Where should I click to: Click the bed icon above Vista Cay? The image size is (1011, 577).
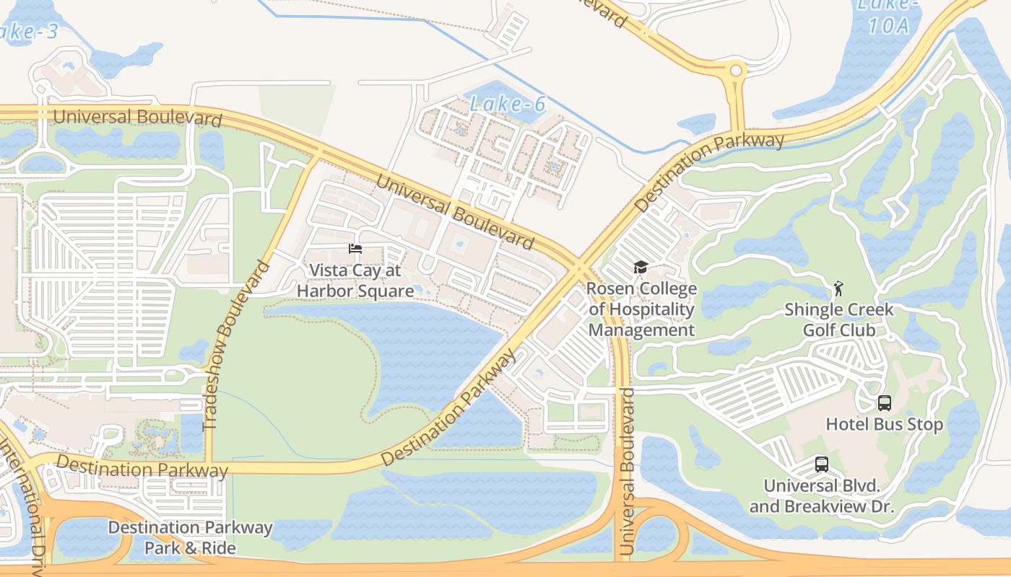[x=355, y=249]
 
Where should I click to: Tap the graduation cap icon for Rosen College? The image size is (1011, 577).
[x=640, y=268]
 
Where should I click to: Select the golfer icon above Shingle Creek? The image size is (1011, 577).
[x=838, y=288]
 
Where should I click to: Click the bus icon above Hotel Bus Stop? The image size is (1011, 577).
[x=884, y=403]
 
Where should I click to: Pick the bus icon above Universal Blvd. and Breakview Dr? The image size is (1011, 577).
[x=821, y=464]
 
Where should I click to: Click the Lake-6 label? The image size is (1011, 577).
[x=507, y=105]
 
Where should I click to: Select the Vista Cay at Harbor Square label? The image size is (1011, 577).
[x=355, y=281]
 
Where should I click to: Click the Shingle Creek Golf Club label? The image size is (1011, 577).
[x=839, y=320]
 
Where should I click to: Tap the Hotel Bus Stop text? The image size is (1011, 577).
[x=884, y=424]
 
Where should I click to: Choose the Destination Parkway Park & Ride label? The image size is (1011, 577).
[x=191, y=538]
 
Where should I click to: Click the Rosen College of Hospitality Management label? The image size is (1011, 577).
[x=641, y=309]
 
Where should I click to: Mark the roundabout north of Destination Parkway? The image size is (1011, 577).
[x=736, y=71]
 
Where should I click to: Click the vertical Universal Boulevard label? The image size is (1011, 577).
[x=626, y=472]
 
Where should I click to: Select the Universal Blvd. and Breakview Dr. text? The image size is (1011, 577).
[x=821, y=496]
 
